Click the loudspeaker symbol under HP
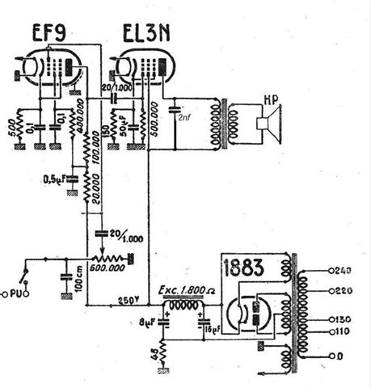[263, 124]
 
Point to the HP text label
[275, 103]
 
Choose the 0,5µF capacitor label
[55, 179]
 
